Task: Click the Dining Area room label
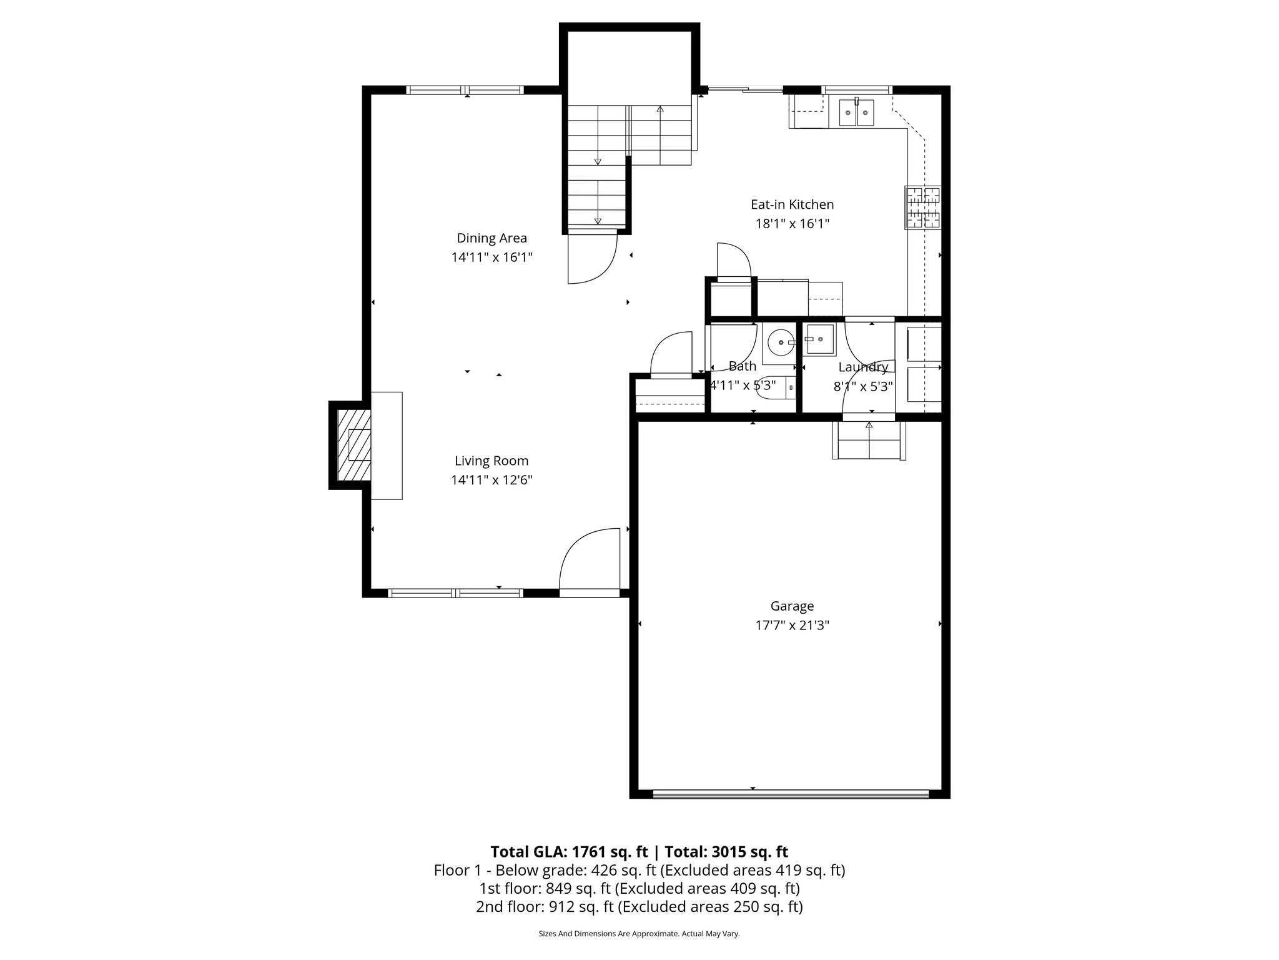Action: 491,238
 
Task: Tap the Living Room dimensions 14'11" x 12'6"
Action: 491,480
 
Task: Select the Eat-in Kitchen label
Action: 792,204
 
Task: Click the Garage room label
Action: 792,606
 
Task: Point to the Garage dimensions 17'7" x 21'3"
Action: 792,625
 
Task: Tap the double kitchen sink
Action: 856,112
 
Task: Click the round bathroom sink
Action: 781,342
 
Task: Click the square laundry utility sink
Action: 818,339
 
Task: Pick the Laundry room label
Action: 863,367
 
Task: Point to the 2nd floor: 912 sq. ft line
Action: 639,907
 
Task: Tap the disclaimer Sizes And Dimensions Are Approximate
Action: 639,934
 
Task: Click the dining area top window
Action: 465,90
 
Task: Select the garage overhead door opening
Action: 791,794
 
